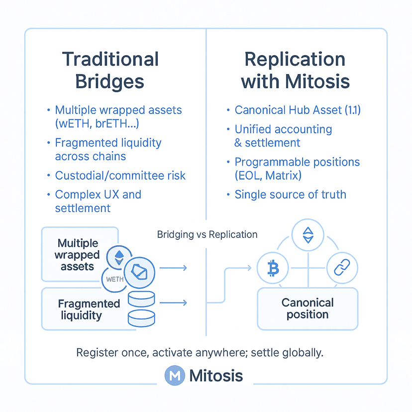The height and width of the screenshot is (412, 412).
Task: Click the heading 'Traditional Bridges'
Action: [110, 70]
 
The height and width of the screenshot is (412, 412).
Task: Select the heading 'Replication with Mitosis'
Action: [295, 70]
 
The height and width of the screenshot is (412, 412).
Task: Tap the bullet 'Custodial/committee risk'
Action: [120, 175]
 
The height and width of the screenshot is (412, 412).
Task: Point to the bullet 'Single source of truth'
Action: [290, 194]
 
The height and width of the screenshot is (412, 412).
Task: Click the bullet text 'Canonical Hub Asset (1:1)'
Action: [298, 110]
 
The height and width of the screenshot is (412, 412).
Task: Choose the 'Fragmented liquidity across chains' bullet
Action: [108, 149]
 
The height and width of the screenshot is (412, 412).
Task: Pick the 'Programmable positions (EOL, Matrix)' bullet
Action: [297, 169]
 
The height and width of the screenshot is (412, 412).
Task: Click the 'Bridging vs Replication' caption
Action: [207, 234]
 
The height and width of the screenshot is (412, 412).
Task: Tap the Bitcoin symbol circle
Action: [273, 269]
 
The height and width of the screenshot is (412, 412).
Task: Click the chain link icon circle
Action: [342, 269]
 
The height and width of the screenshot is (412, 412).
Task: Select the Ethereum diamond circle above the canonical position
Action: [308, 235]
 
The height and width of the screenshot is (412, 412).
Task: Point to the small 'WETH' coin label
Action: [115, 279]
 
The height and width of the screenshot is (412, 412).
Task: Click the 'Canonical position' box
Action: [308, 309]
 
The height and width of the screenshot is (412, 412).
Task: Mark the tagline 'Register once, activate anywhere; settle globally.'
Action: [200, 353]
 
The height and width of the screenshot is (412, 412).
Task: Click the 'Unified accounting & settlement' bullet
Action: [283, 136]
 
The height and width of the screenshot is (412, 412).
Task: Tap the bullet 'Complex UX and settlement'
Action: [98, 201]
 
